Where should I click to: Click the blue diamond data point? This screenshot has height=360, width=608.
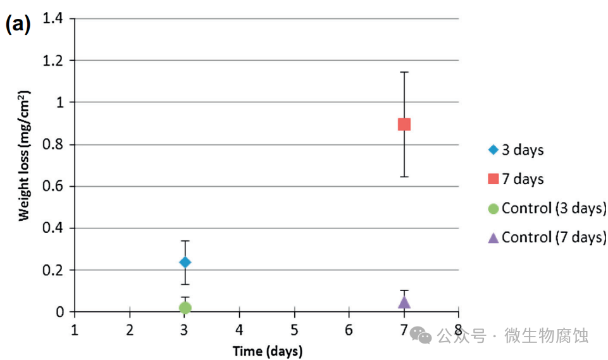pyautogui.click(x=185, y=262)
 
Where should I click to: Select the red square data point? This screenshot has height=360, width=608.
pyautogui.click(x=404, y=124)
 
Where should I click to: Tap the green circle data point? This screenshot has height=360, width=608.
pyautogui.click(x=185, y=308)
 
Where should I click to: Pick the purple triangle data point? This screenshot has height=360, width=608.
pyautogui.click(x=404, y=302)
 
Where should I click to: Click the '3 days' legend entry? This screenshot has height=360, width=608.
pyautogui.click(x=516, y=150)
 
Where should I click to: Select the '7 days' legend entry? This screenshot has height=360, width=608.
pyautogui.click(x=516, y=179)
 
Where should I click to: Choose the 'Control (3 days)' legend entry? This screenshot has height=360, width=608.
pyautogui.click(x=547, y=208)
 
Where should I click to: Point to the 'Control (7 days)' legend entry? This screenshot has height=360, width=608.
pyautogui.click(x=547, y=237)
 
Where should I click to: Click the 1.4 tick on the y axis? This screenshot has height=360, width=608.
pyautogui.click(x=54, y=18)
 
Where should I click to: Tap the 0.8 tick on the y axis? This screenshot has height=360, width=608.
pyautogui.click(x=54, y=144)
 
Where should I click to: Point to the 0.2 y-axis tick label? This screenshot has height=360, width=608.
pyautogui.click(x=54, y=270)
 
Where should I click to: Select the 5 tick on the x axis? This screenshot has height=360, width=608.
pyautogui.click(x=294, y=330)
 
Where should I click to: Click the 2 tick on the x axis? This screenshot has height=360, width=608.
pyautogui.click(x=130, y=330)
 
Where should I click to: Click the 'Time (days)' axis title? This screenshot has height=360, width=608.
pyautogui.click(x=267, y=351)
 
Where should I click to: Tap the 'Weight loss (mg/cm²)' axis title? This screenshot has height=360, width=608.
pyautogui.click(x=24, y=155)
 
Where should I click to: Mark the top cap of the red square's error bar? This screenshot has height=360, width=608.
pyautogui.click(x=404, y=72)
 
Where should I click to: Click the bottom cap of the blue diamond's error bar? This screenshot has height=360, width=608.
pyautogui.click(x=185, y=284)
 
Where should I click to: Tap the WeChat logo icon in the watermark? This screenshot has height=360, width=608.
pyautogui.click(x=421, y=335)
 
